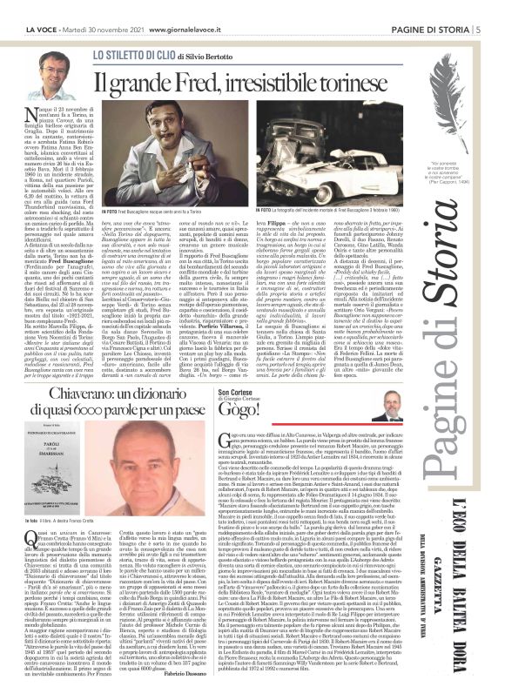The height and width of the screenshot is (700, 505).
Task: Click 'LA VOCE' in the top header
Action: pyautogui.click(x=24, y=8)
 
